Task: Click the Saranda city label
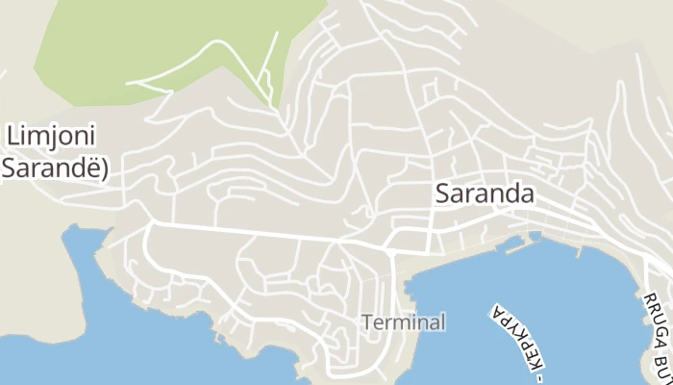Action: point(485,192)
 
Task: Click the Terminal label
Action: point(405,322)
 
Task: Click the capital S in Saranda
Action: point(443,192)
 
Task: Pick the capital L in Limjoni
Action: point(13,135)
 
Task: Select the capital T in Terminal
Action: point(368,322)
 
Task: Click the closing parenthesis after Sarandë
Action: point(104,167)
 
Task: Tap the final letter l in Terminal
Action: point(443,322)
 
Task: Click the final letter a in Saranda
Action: point(527,192)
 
